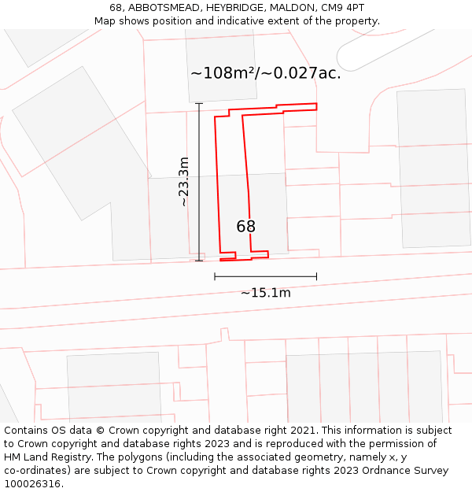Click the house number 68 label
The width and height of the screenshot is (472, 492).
click(246, 227)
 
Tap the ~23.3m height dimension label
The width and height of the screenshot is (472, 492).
click(183, 182)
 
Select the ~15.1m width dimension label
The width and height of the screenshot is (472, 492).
click(266, 293)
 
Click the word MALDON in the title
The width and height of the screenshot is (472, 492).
click(289, 8)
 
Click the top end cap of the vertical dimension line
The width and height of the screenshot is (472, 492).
click(199, 103)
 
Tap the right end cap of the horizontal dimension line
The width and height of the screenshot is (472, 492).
click(316, 276)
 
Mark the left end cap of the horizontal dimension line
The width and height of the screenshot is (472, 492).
click(215, 276)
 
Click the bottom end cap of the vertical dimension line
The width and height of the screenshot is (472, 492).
click(199, 261)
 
